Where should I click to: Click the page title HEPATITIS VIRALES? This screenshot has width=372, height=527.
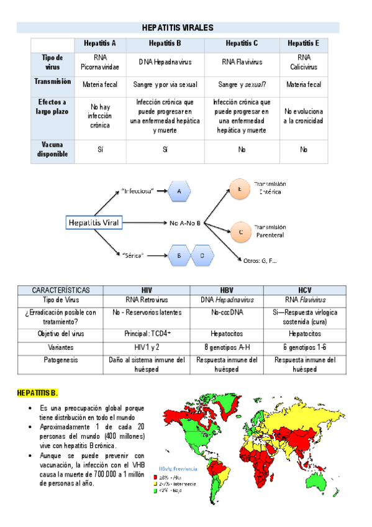tap(178, 28)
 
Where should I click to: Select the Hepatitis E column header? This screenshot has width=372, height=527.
tap(304, 44)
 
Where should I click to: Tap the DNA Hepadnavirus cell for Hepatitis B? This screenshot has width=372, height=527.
tap(165, 62)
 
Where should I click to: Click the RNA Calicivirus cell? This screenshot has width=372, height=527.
tap(304, 62)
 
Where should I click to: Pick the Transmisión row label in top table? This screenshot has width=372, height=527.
tap(52, 81)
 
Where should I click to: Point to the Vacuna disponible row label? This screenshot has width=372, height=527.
tap(52, 149)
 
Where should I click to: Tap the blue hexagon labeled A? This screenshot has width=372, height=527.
tap(179, 191)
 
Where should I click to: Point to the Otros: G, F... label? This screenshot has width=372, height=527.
tap(261, 260)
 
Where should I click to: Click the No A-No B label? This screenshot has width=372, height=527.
tap(184, 222)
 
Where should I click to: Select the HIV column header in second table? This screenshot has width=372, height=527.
tap(147, 290)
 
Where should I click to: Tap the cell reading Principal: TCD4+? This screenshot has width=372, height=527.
tap(147, 334)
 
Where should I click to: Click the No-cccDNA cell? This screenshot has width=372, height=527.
tap(226, 313)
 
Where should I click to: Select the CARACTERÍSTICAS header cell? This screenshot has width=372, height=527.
tap(61, 290)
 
